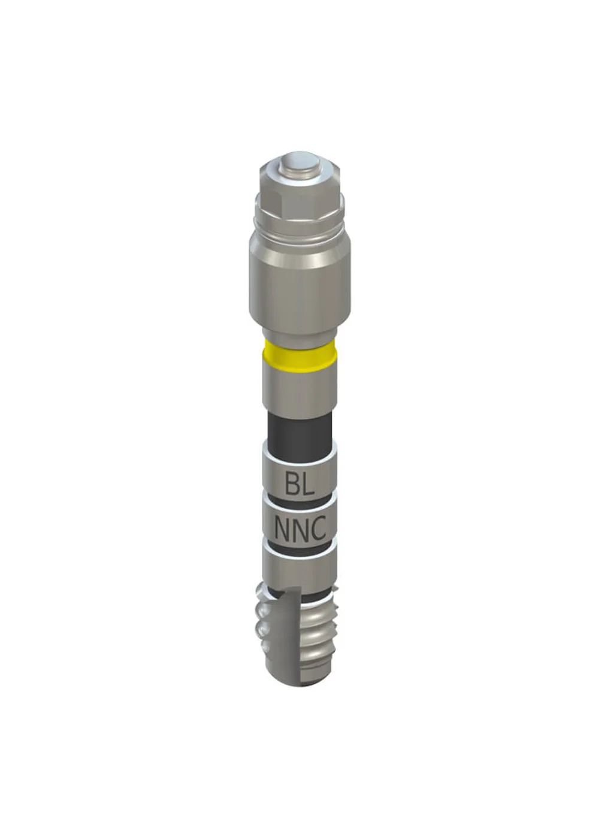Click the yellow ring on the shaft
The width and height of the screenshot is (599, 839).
tap(301, 353)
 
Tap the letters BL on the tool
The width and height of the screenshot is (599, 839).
tap(299, 484)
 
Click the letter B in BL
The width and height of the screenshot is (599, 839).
tap(292, 484)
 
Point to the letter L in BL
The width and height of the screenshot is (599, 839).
tap(308, 484)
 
